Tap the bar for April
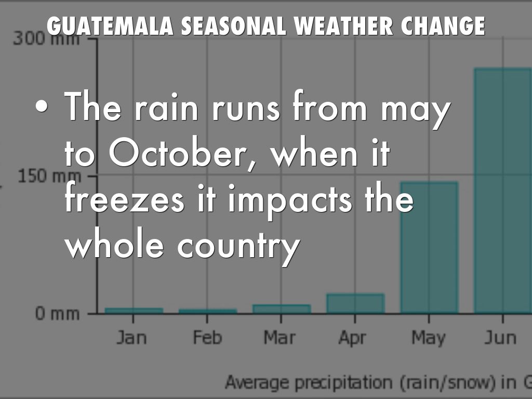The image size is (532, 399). pyautogui.click(x=355, y=303)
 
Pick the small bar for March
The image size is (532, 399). pyautogui.click(x=282, y=309)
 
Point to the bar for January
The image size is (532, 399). pyautogui.click(x=134, y=311)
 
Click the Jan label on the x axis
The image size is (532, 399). pyautogui.click(x=131, y=338)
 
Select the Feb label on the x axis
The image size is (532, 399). pyautogui.click(x=207, y=338)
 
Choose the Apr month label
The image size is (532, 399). pyautogui.click(x=353, y=338)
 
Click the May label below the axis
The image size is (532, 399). pyautogui.click(x=429, y=338)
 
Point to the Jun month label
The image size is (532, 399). pyautogui.click(x=500, y=338)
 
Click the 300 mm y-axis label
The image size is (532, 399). pyautogui.click(x=46, y=38)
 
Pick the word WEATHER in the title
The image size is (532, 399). pyautogui.click(x=332, y=26)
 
